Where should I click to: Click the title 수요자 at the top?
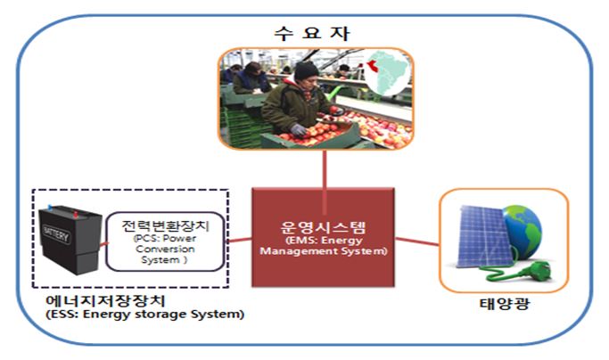312,33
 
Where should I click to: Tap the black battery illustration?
70,239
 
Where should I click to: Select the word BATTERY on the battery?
57,233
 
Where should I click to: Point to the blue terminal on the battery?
49,207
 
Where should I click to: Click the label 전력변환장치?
166,225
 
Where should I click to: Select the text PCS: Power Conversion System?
165,249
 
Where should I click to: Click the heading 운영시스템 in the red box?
323,227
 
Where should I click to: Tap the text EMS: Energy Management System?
324,246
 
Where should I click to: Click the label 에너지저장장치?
105,301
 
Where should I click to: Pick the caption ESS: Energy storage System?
144,314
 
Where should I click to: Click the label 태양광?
505,303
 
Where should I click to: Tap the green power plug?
538,270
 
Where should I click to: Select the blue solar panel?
481,237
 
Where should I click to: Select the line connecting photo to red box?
325,182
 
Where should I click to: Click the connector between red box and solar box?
416,241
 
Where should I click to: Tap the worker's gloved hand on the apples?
299,129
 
